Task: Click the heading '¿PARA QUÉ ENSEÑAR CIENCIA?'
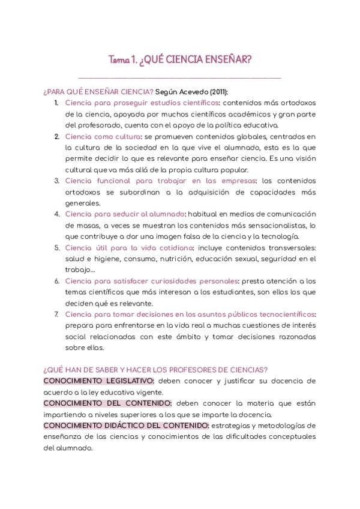coord(98,92)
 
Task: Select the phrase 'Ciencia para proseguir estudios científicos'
coord(142,103)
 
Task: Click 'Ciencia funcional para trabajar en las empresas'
coord(161,181)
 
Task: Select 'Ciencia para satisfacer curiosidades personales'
coord(151,280)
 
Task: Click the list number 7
coord(56,314)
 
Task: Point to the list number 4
coord(56,214)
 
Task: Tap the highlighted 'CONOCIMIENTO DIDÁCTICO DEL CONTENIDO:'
coord(126,425)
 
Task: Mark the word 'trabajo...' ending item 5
coord(80,270)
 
